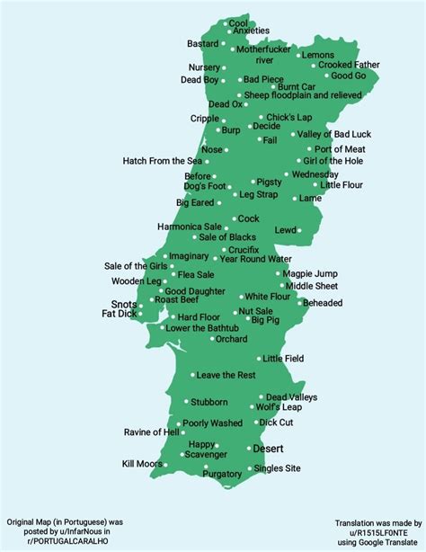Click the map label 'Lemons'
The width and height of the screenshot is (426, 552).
[318, 55]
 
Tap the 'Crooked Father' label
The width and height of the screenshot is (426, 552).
[349, 66]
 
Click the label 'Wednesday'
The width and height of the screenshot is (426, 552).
[315, 174]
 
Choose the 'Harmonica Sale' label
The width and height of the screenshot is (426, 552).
[189, 227]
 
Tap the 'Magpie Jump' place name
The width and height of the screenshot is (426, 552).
[310, 273]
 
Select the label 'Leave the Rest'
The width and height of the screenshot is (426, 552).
[226, 375]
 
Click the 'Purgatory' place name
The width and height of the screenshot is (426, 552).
[222, 474]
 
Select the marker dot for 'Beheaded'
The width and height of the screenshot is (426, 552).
[300, 303]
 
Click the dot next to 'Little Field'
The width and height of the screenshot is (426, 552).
[257, 359]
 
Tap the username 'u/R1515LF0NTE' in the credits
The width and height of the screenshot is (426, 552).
[376, 531]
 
